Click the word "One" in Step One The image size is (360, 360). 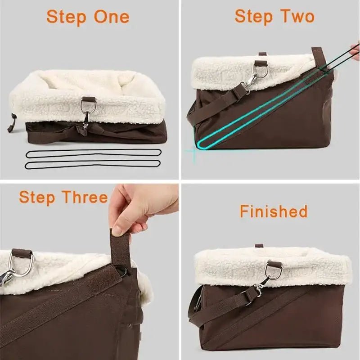pos(112,17)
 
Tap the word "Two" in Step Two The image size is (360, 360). pos(295,17)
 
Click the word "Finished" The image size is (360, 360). pos(274,211)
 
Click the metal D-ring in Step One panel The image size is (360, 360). pos(87,105)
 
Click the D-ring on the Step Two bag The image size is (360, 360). pos(261,70)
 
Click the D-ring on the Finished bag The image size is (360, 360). pos(273,270)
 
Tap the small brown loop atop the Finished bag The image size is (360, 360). pos(259,246)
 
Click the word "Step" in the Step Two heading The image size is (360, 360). pos(254,17)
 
